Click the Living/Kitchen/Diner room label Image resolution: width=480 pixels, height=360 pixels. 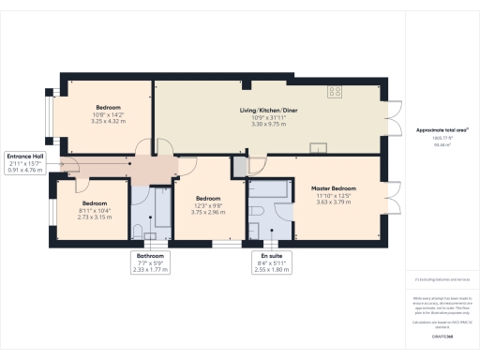coord(267,110)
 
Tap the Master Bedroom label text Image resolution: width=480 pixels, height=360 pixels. coord(333,187)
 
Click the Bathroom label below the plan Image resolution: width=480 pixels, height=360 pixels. coord(150,256)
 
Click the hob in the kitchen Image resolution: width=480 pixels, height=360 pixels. coord(335,92)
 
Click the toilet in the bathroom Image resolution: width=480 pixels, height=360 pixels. coord(139,231)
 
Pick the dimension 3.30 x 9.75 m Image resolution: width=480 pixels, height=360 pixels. coord(267,124)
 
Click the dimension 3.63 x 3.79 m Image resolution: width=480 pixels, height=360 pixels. coord(333,202)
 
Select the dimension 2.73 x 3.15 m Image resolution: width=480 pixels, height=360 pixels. coord(94,217)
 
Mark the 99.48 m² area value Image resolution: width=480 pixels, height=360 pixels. coord(438,145)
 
